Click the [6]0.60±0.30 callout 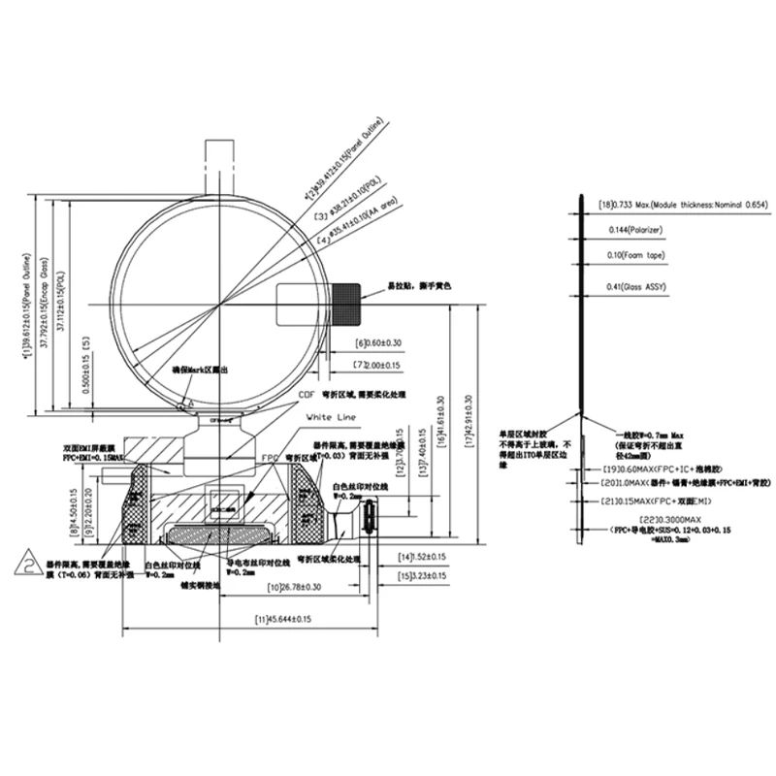click(x=378, y=343)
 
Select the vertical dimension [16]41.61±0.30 click(x=443, y=428)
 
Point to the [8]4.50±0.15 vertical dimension click(x=75, y=513)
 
